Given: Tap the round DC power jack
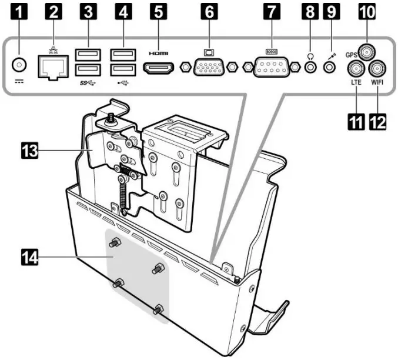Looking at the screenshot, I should (21, 65).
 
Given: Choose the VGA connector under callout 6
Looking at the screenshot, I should (209, 68).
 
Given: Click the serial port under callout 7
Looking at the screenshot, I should (272, 68).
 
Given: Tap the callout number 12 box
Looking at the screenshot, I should (377, 122).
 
